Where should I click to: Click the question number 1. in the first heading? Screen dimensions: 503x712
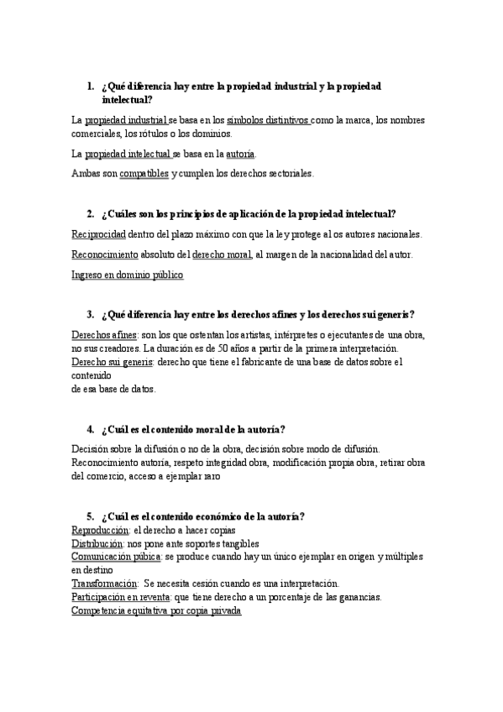(x=91, y=86)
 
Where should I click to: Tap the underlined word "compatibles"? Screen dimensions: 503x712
(x=144, y=174)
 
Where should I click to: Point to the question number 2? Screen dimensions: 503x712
(x=91, y=214)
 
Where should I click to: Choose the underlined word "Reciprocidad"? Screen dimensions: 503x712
(x=99, y=234)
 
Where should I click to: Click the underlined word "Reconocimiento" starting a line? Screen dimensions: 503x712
(x=106, y=254)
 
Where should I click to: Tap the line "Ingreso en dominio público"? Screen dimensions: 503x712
(x=128, y=275)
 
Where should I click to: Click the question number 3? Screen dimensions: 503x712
(x=91, y=315)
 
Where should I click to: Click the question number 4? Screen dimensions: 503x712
(x=91, y=429)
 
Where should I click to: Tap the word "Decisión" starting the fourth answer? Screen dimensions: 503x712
(x=90, y=449)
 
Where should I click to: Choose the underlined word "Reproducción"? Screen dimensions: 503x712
(x=100, y=531)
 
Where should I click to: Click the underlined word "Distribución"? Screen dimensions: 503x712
(x=97, y=543)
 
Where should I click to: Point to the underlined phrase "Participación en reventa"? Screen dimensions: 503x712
(x=122, y=596)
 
